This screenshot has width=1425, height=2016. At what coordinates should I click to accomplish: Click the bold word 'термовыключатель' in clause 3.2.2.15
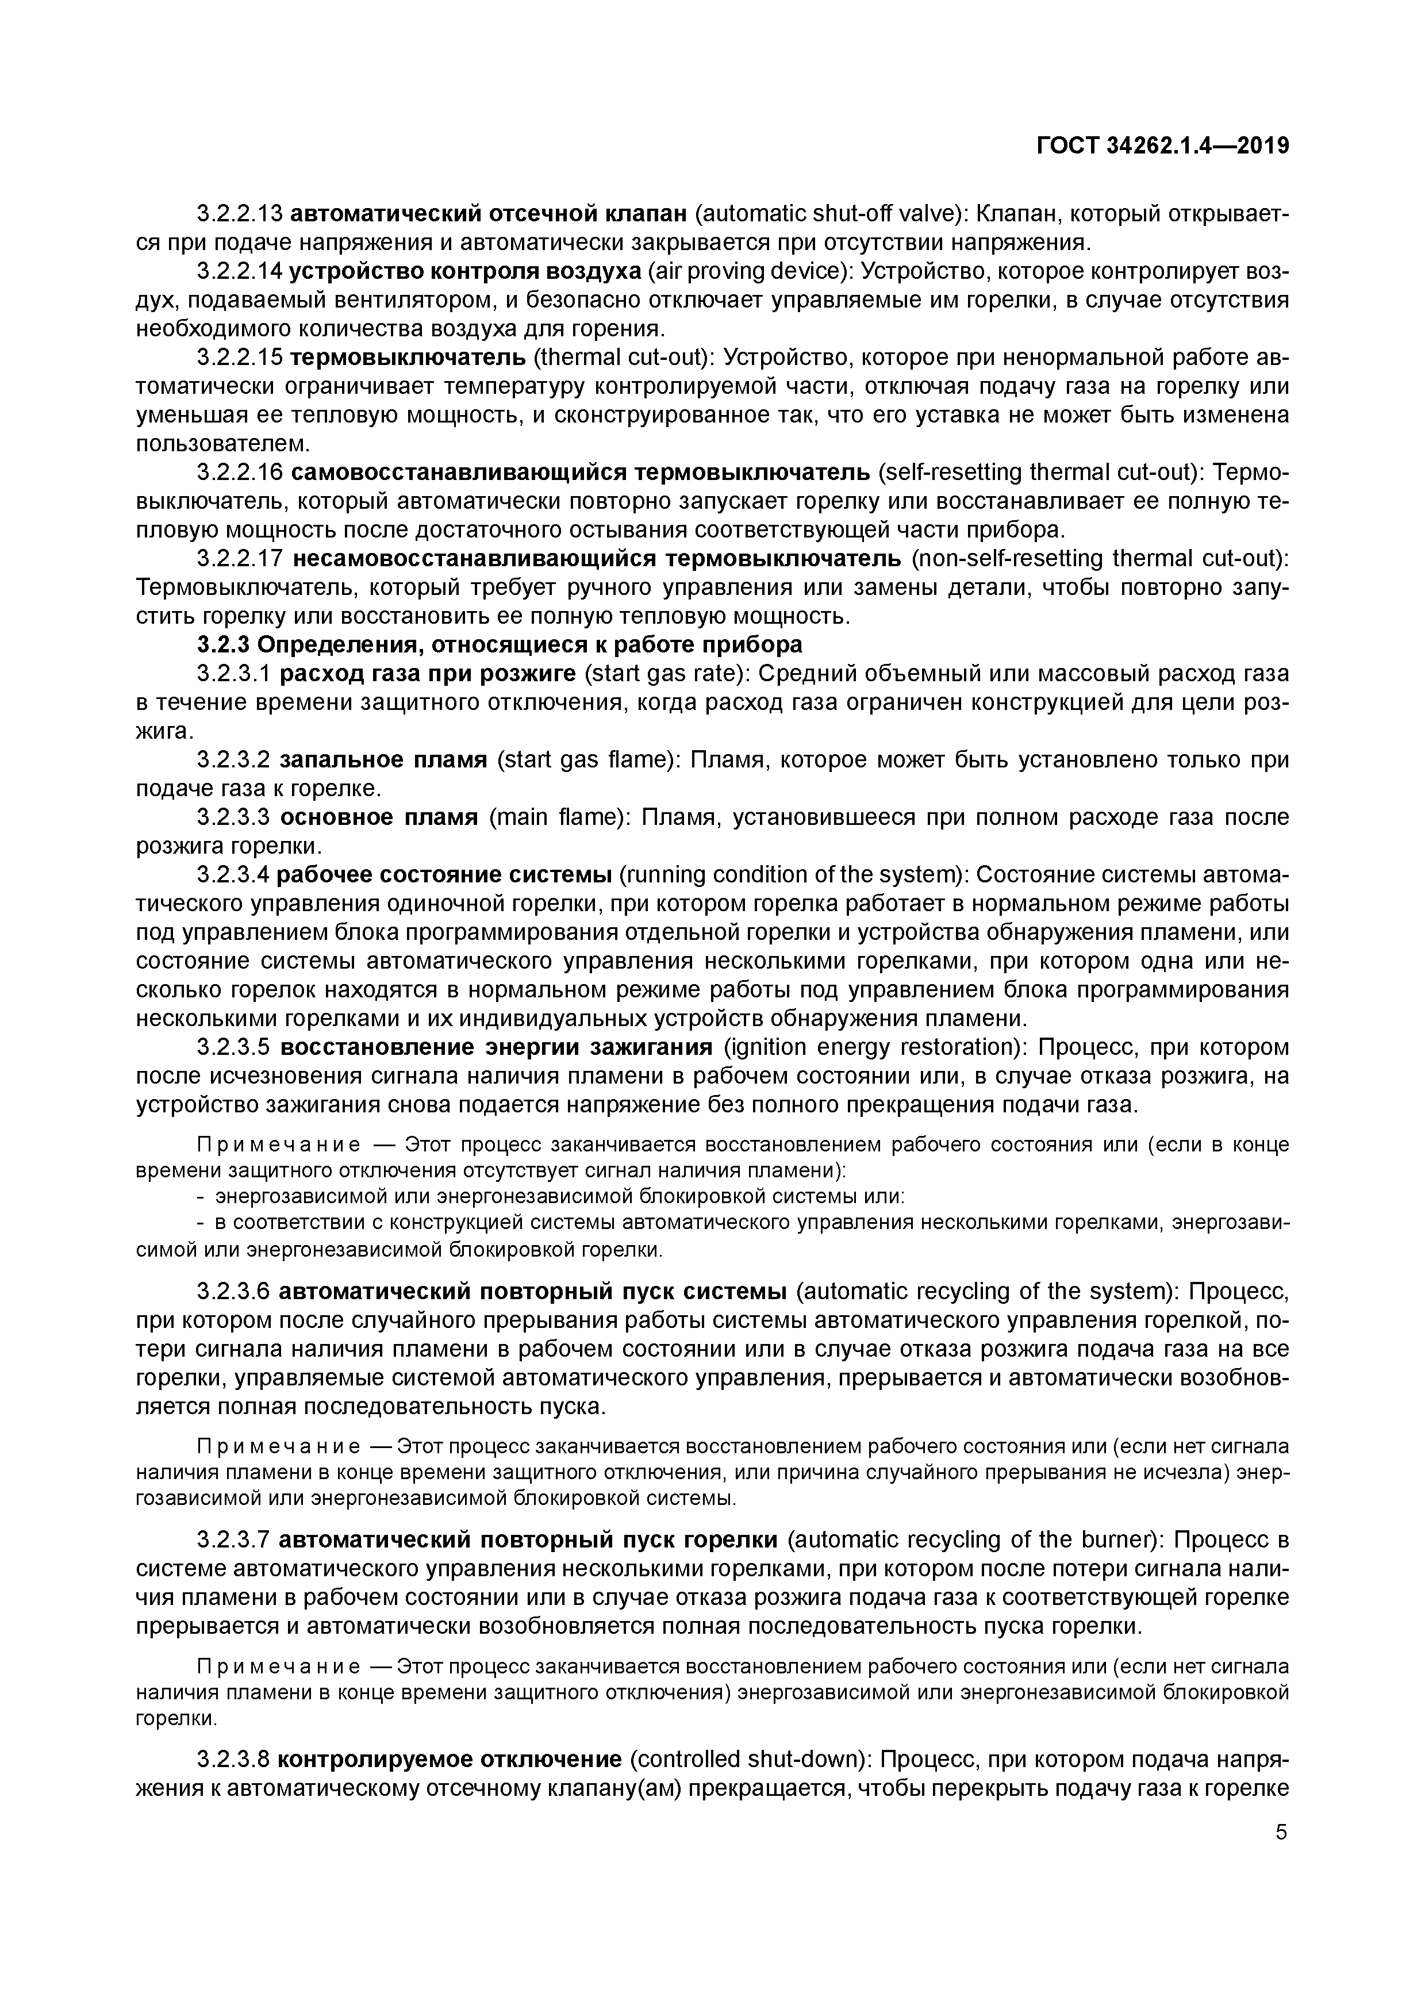(x=408, y=358)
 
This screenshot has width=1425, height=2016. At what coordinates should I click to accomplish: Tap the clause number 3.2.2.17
(x=239, y=559)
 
